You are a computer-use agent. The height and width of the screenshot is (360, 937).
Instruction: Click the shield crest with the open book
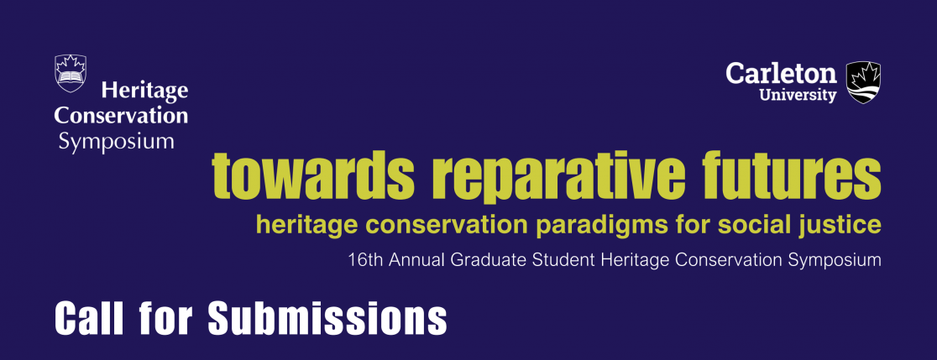(71, 73)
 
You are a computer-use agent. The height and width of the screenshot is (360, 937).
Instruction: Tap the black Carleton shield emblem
(863, 82)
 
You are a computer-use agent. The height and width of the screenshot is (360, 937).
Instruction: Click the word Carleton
(782, 74)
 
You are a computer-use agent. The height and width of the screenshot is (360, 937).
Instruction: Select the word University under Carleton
(798, 95)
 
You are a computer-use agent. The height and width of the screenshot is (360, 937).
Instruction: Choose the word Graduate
(484, 260)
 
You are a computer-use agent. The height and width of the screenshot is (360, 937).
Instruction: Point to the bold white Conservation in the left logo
(121, 115)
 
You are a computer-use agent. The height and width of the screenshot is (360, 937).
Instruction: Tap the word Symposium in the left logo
(117, 143)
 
